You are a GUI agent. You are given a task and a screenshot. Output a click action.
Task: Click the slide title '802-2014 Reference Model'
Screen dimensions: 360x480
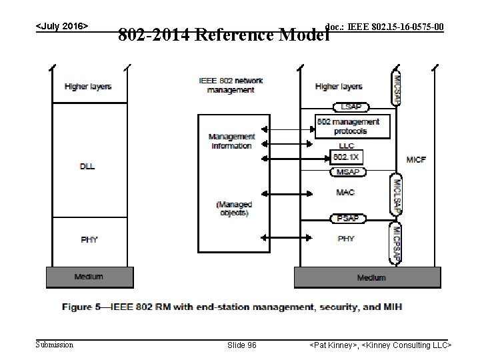[223, 34]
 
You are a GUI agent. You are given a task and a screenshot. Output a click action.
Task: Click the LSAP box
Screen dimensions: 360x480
[351, 107]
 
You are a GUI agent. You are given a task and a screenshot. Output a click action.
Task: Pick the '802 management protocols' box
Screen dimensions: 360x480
[348, 126]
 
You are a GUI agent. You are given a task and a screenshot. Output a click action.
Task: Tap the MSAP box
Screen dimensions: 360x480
[347, 172]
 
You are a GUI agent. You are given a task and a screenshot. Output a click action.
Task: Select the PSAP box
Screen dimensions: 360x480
[347, 218]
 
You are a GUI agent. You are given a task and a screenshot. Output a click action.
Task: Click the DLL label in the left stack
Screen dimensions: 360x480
[88, 166]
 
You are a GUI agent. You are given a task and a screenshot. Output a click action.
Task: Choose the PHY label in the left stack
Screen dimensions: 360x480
[88, 239]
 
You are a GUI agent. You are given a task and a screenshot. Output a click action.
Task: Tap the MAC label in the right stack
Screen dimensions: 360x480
[346, 193]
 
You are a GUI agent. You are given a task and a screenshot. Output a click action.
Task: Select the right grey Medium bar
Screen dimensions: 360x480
[367, 277]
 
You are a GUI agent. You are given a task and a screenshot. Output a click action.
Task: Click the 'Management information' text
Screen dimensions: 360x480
[230, 141]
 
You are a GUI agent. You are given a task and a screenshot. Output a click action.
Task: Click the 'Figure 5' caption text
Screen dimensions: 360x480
[232, 307]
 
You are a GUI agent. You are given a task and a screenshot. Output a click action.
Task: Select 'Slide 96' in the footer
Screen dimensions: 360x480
[242, 345]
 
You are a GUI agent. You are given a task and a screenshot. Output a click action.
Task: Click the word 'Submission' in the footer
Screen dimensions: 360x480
[55, 345]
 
